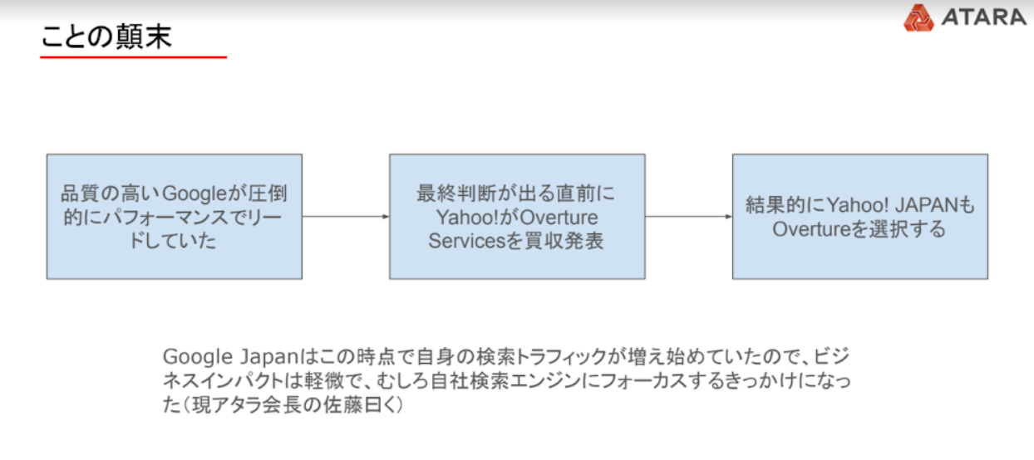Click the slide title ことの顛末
pos(106,37)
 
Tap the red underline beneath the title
pos(133,57)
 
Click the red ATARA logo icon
pos(918,17)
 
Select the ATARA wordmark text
pos(983,17)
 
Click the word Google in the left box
pos(195,193)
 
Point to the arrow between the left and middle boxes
pos(346,216)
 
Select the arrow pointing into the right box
pos(689,216)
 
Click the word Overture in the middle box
pos(559,218)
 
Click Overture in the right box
pos(811,229)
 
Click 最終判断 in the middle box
pos(456,193)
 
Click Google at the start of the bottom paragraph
pos(198,357)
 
